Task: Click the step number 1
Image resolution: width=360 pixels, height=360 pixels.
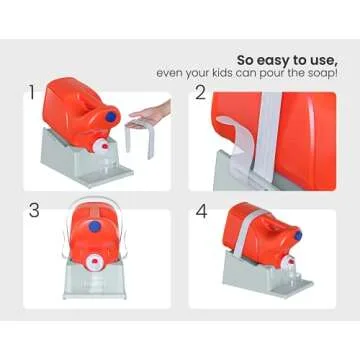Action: (33, 95)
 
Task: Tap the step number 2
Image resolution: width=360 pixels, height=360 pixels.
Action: (200, 93)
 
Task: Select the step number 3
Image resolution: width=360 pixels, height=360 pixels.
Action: (33, 212)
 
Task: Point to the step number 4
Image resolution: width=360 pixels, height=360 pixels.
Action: (200, 212)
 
